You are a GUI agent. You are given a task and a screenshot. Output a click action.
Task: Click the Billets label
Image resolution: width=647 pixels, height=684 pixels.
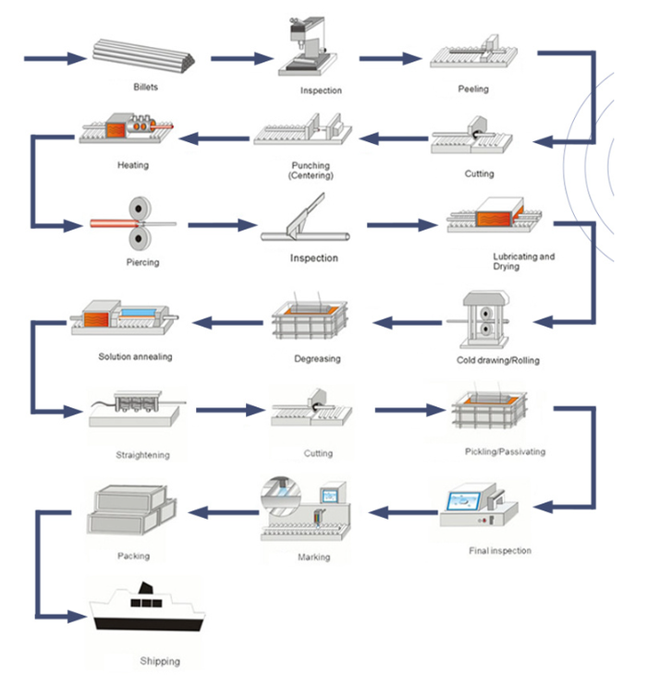click(x=145, y=87)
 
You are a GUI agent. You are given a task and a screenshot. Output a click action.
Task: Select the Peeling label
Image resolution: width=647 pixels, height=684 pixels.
click(x=473, y=90)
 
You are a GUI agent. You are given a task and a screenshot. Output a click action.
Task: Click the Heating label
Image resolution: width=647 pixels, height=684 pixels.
click(x=133, y=166)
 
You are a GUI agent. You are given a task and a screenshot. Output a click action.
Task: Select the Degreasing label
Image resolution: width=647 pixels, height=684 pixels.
click(x=316, y=358)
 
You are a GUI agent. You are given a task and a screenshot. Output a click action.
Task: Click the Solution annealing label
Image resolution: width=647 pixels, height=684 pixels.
click(x=135, y=356)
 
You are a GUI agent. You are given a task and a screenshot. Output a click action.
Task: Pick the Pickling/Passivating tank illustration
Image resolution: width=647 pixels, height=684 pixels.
click(x=490, y=414)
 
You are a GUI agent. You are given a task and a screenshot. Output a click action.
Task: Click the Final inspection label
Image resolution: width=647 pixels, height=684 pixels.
click(x=499, y=551)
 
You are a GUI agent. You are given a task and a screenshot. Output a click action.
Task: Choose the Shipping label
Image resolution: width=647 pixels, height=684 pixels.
click(x=160, y=661)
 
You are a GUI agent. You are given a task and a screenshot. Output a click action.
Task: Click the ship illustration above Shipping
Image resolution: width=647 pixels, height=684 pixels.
click(x=148, y=614)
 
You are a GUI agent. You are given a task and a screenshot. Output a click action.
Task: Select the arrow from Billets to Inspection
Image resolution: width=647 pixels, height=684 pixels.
click(x=242, y=59)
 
